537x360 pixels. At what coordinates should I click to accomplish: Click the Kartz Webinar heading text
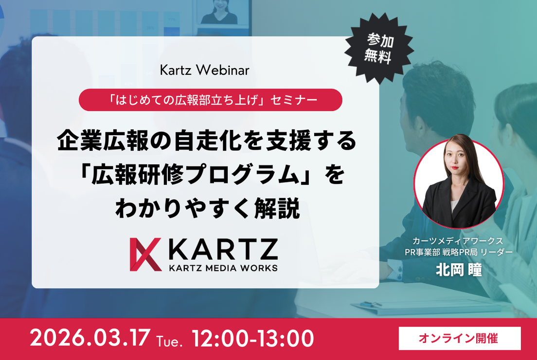coord(204,70)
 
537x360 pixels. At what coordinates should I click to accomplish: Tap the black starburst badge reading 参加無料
coord(379,48)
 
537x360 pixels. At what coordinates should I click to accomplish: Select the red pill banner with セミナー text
coord(210,100)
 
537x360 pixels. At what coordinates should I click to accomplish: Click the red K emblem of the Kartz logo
coord(145,254)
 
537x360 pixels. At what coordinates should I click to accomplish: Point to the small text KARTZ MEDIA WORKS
coord(223,268)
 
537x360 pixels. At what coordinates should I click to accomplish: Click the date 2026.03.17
coord(90,338)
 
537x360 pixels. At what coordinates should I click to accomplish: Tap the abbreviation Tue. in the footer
coord(169,341)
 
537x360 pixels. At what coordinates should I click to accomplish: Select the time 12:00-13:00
coord(253,338)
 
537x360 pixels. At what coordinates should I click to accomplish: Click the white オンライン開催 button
coord(460,339)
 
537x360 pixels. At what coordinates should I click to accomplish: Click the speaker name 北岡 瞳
coord(459,270)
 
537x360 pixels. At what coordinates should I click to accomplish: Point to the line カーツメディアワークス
coord(458,241)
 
